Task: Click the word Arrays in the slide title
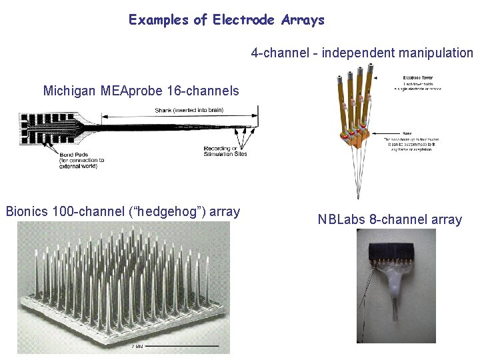(303, 20)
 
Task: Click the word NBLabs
(343, 219)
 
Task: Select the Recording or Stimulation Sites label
(225, 151)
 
